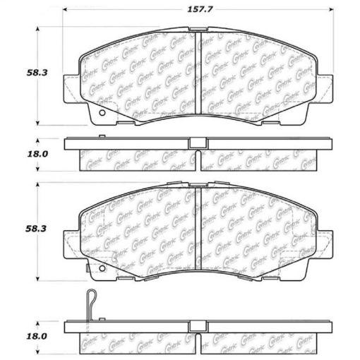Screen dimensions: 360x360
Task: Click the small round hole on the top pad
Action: click(x=101, y=113)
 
